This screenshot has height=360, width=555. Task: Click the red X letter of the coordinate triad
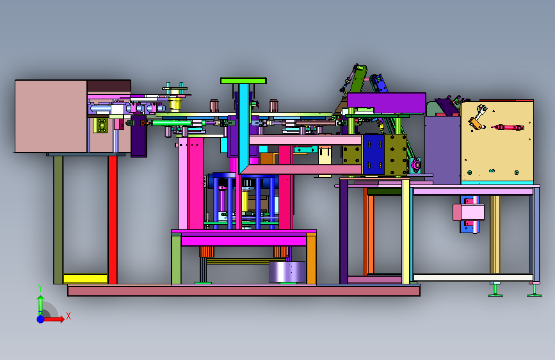tap(68, 316)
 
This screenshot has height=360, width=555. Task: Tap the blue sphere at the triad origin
tap(41, 319)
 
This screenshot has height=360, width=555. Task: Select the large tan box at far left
tap(51, 116)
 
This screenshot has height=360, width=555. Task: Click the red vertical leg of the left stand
tap(113, 220)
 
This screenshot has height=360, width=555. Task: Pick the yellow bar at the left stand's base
tap(85, 278)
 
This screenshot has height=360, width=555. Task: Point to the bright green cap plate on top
tap(243, 81)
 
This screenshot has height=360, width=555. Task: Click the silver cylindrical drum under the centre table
tap(287, 272)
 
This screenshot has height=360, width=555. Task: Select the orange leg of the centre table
tap(312, 259)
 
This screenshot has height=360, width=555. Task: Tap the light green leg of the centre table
tap(176, 259)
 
